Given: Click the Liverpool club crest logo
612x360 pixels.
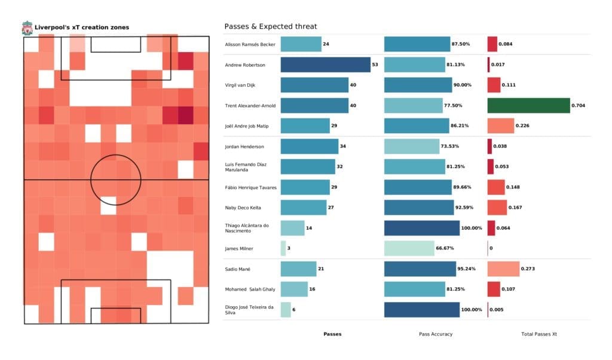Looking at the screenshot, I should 27,28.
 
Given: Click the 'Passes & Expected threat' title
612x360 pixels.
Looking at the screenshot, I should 270,26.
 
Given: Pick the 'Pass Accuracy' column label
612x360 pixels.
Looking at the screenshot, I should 434,334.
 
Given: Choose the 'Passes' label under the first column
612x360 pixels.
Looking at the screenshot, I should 332,334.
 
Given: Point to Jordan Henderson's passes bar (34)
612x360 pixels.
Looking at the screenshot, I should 309,147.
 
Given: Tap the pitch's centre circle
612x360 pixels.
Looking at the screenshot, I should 115,179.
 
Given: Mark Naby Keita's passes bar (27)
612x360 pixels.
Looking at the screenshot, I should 303,208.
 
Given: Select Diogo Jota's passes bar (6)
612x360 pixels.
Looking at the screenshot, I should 285,309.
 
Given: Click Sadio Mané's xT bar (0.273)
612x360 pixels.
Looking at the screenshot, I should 503,269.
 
